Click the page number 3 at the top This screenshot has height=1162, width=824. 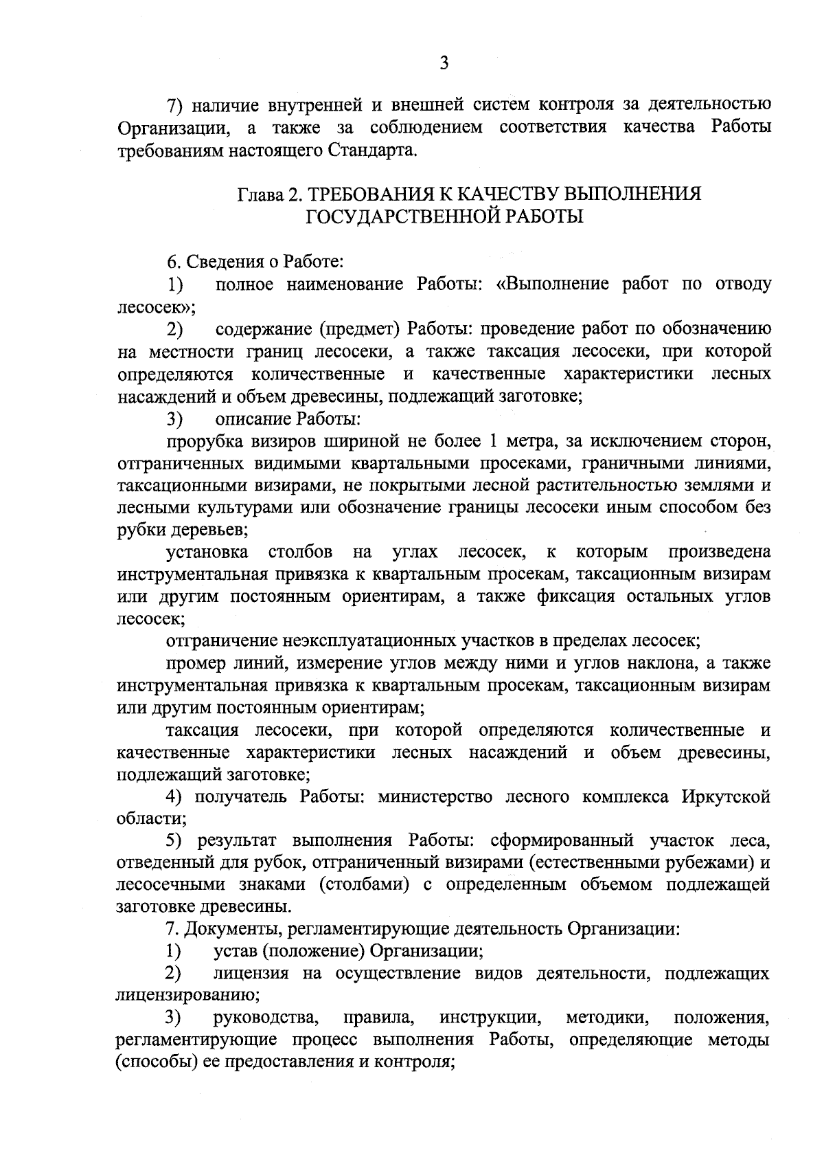pos(444,63)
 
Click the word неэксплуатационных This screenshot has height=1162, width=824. pos(362,641)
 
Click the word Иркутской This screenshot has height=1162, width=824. pos(726,797)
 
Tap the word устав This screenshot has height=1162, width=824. pos(236,952)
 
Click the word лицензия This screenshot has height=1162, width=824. pos(252,974)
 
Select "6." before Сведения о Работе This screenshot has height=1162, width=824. pos(173,262)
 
